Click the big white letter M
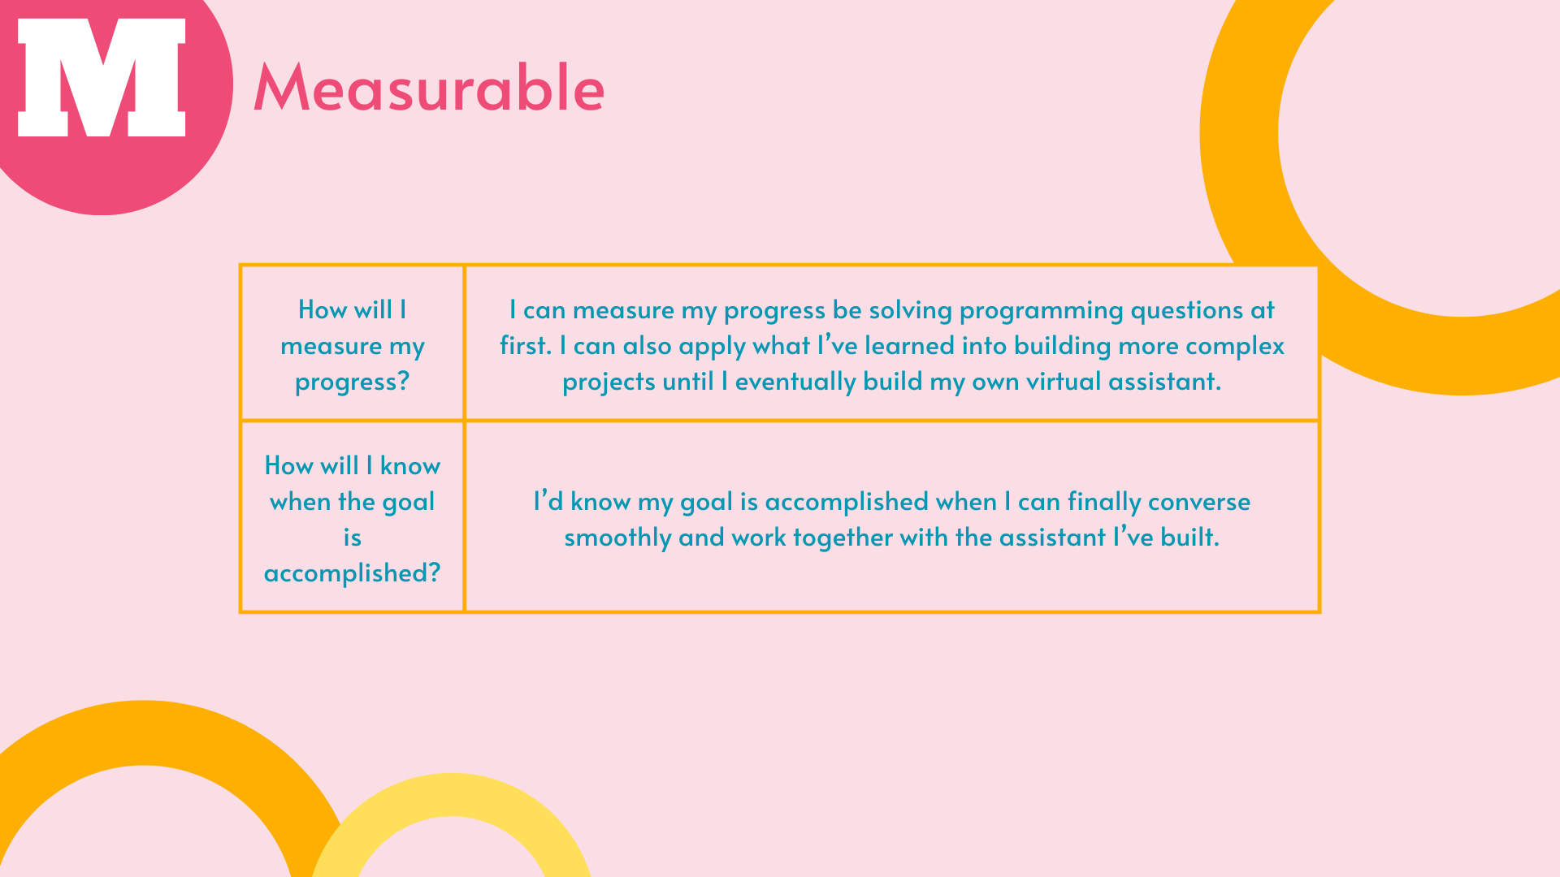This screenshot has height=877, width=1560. click(102, 77)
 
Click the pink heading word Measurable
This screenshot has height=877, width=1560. click(429, 87)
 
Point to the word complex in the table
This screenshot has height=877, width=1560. click(1235, 347)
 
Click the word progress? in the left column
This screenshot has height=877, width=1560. click(352, 382)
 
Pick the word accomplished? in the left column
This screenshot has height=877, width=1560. click(352, 573)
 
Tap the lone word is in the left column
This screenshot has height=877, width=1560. click(352, 537)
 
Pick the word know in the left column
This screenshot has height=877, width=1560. click(410, 465)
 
